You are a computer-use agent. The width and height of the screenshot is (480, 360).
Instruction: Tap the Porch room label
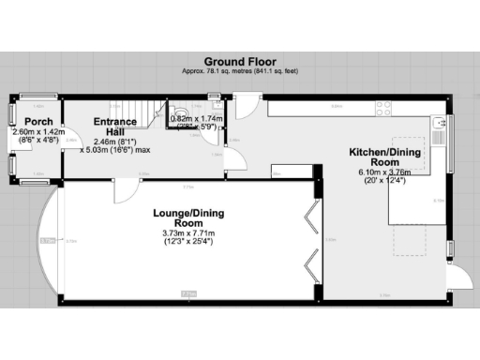[x=38, y=122]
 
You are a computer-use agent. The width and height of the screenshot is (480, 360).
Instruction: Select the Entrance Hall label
[x=113, y=127]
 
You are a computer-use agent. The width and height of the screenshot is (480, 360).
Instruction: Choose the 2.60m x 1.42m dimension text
[x=37, y=132]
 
